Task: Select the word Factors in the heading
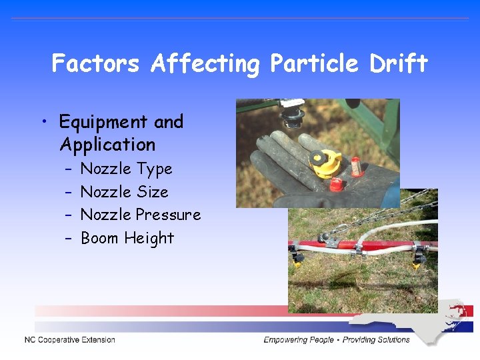[x=95, y=63]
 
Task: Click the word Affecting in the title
[x=205, y=65]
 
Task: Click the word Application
[x=107, y=145]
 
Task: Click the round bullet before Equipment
[x=43, y=122]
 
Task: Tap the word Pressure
[x=168, y=215]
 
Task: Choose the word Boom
[x=99, y=238]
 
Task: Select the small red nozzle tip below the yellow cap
[x=337, y=183]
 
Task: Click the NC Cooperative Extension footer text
[x=70, y=340]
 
